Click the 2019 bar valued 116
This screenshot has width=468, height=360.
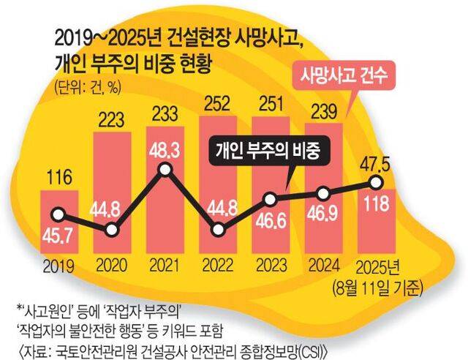(x=58, y=220)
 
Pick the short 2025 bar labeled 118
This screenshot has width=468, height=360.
(x=376, y=220)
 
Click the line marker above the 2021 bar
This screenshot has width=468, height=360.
(x=165, y=170)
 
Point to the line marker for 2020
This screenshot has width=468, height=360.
(x=112, y=230)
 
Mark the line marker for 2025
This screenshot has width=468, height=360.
(x=377, y=182)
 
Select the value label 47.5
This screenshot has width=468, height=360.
(x=376, y=162)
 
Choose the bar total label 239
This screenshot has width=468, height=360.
(x=324, y=110)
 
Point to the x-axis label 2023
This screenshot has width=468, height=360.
(x=271, y=265)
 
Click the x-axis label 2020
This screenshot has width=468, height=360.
(x=112, y=265)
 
